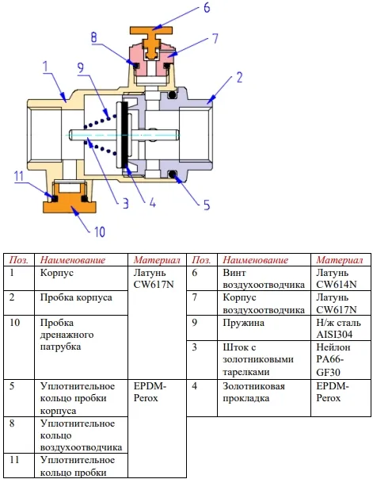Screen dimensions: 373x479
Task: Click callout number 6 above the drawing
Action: (x=207, y=7)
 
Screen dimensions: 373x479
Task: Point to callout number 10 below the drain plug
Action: (x=100, y=232)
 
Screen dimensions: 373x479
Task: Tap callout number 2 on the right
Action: (x=239, y=77)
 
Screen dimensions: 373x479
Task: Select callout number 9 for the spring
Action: (x=81, y=67)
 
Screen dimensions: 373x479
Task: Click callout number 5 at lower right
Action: (x=207, y=205)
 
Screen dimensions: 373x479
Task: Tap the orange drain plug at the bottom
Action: (x=70, y=203)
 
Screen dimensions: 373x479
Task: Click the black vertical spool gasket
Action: (x=124, y=135)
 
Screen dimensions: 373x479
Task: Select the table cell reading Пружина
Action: (x=243, y=323)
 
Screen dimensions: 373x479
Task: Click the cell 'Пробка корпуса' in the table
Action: (x=76, y=297)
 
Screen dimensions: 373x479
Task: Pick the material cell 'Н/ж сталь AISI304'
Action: (x=338, y=328)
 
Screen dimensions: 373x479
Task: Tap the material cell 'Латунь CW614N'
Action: (x=336, y=278)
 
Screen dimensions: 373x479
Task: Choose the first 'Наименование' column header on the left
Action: (x=73, y=260)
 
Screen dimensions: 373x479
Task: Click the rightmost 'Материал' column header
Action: (x=340, y=260)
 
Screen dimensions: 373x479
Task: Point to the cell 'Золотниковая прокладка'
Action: (x=253, y=392)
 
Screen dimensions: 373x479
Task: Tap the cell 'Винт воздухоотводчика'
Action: (x=264, y=278)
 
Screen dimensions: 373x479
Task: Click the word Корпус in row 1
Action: (x=57, y=273)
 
